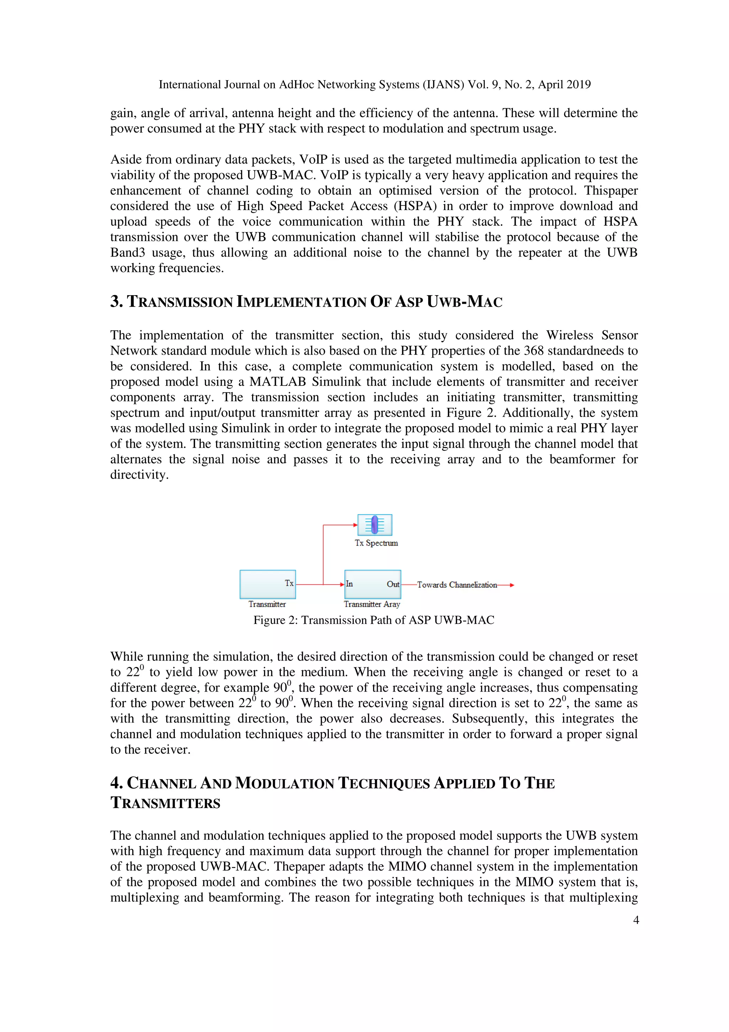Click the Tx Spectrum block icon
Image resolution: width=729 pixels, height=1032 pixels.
(374, 525)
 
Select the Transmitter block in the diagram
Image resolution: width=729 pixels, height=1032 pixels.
(267, 584)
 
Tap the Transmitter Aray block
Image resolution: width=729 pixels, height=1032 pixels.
(372, 584)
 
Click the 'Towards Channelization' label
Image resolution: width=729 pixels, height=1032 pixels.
(456, 585)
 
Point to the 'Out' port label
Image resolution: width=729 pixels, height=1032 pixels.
(393, 584)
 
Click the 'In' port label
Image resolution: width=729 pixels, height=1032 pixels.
(350, 584)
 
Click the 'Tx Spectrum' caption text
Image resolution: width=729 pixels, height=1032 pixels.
(376, 543)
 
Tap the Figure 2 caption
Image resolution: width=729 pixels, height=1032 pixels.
(373, 620)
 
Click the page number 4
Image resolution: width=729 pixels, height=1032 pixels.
(636, 920)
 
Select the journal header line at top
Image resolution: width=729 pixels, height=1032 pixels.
(374, 84)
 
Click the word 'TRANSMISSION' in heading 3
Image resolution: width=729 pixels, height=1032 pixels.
(180, 302)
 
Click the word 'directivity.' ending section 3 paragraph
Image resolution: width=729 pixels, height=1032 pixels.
(139, 475)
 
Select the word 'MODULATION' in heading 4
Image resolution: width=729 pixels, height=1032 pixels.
(285, 783)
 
